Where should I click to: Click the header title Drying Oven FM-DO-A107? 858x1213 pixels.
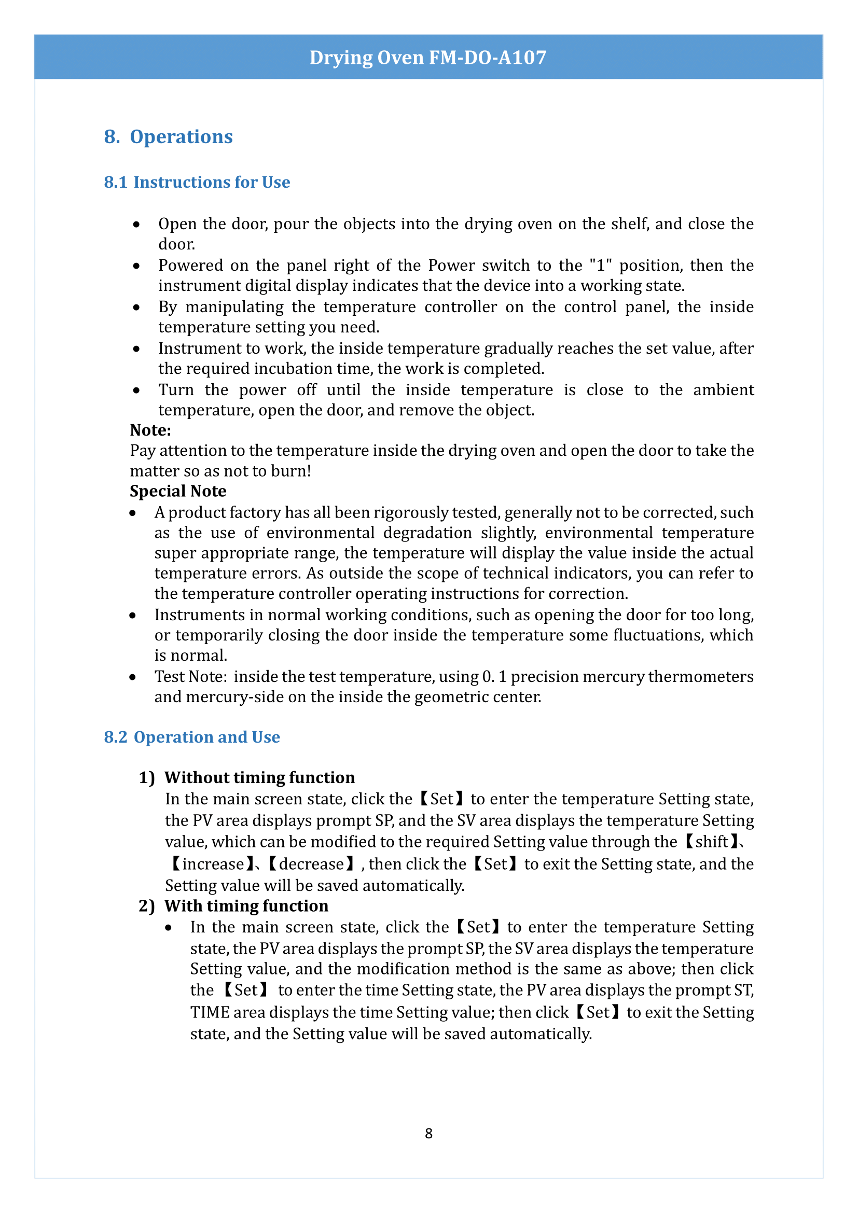click(428, 57)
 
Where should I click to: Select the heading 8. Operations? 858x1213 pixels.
click(168, 137)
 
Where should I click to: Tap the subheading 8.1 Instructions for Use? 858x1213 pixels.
click(197, 182)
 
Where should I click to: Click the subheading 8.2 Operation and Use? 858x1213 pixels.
click(192, 737)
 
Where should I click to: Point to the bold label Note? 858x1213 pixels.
click(150, 430)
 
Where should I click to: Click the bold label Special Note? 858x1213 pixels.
click(178, 491)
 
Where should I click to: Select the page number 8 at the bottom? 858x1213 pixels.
click(428, 1133)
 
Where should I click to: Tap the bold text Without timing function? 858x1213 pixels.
click(259, 778)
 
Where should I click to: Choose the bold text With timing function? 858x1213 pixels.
click(246, 906)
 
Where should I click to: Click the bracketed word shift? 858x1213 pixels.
click(712, 842)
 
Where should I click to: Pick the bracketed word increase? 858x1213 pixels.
click(213, 865)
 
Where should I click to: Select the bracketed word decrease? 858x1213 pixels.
click(311, 865)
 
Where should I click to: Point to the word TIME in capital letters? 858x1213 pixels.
click(210, 1012)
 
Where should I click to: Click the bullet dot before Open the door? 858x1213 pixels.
click(137, 225)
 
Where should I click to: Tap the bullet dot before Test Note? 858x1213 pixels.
click(133, 677)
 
